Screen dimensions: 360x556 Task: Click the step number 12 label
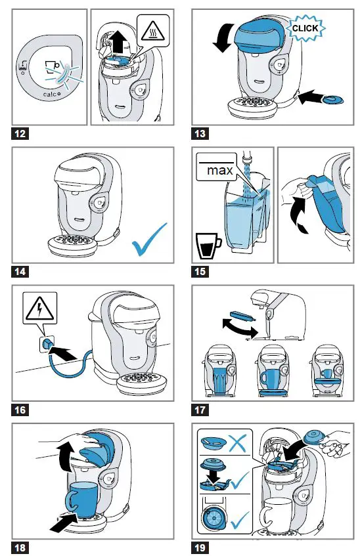tap(20, 134)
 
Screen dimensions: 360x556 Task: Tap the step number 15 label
tap(200, 272)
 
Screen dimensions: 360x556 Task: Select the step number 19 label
tap(200, 547)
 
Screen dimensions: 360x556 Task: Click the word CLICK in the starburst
tap(305, 28)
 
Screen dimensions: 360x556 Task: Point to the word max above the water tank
tap(220, 170)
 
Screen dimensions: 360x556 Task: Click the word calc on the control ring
tap(50, 95)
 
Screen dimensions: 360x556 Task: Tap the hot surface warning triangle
tap(152, 30)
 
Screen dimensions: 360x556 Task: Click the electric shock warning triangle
tap(40, 309)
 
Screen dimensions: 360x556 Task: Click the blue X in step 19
tap(238, 443)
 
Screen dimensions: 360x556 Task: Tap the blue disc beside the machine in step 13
tap(332, 99)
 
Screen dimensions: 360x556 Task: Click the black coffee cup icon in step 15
tap(208, 246)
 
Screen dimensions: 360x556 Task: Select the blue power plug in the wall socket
tap(47, 343)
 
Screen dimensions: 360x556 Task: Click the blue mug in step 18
tap(81, 500)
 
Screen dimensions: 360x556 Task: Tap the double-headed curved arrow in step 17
tap(240, 328)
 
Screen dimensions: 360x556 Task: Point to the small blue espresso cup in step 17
tap(326, 374)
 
